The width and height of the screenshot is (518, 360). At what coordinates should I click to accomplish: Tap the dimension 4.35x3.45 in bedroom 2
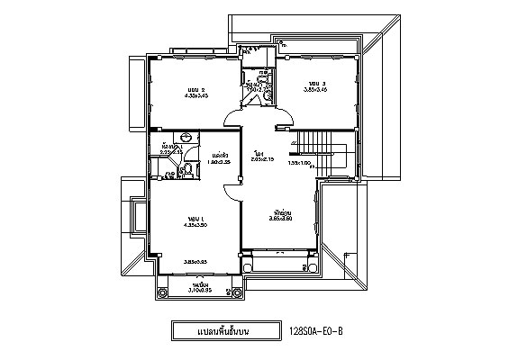[x=196, y=96]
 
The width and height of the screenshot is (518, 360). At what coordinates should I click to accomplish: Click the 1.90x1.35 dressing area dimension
[x=216, y=163]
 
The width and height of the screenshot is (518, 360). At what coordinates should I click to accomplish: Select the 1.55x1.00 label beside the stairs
[x=299, y=163]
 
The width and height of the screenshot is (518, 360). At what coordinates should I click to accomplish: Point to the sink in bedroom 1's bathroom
[x=185, y=138]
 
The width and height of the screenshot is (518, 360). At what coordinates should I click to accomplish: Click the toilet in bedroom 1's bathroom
[x=159, y=174]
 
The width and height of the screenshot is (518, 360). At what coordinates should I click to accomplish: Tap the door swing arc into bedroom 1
[x=231, y=186]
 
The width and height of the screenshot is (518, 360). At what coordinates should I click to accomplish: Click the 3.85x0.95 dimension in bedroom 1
[x=195, y=262]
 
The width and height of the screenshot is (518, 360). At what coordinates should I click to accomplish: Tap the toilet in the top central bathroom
[x=264, y=74]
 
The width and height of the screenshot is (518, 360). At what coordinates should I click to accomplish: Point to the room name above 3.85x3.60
[x=280, y=209]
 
